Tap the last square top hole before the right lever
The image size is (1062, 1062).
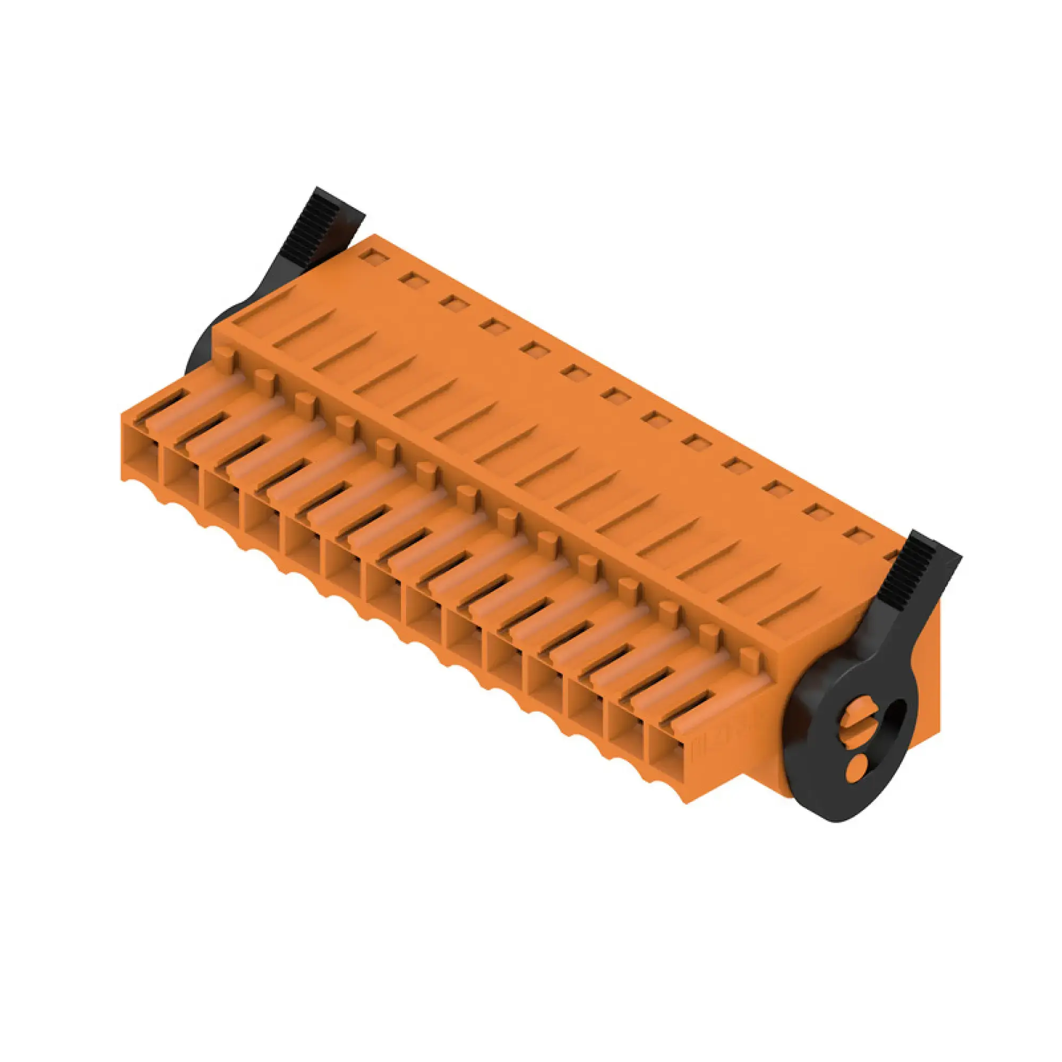coord(855,533)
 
